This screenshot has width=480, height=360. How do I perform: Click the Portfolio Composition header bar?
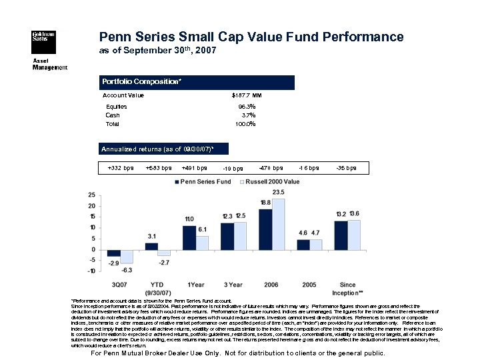tap(197, 82)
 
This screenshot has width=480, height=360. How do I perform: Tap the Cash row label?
tap(113, 115)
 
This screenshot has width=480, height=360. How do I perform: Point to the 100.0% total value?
tap(245, 124)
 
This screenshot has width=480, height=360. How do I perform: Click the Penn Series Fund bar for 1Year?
tap(189, 237)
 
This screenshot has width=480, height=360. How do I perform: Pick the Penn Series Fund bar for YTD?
tap(151, 246)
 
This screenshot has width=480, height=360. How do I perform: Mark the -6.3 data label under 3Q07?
tap(126, 269)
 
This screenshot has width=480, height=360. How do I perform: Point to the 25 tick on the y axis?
tap(91, 195)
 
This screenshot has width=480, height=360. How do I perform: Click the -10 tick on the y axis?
tap(89, 271)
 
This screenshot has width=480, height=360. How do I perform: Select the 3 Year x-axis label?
tap(233, 284)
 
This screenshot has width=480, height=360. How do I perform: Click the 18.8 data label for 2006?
tap(265, 202)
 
